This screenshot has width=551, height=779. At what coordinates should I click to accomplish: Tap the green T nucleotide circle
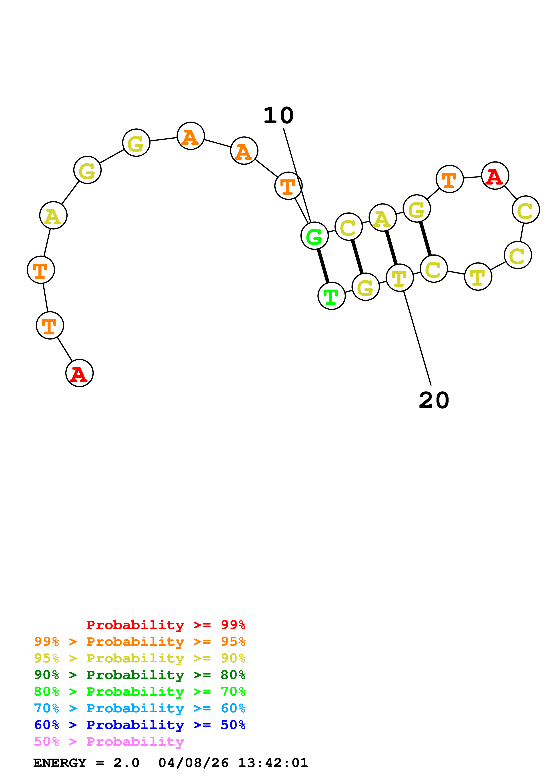[331, 296]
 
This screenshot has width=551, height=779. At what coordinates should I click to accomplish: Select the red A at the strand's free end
[79, 373]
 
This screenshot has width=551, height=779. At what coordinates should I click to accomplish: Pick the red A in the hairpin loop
[495, 175]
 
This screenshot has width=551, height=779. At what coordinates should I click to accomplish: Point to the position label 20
[434, 400]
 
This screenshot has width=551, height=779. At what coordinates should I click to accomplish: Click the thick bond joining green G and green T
[323, 266]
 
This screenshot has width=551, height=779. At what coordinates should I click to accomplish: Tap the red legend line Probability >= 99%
[166, 625]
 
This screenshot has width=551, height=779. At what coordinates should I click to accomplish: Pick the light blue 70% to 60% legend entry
[140, 708]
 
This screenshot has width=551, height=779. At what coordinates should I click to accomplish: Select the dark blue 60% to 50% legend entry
[140, 725]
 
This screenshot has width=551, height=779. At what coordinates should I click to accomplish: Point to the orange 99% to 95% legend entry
[140, 642]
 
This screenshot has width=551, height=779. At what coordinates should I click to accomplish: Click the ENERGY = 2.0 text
[86, 763]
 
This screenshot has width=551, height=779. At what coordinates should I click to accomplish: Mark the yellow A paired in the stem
[383, 217]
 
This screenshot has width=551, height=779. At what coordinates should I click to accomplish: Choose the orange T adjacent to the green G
[288, 186]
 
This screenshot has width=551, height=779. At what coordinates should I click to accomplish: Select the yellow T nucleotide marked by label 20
[400, 278]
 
